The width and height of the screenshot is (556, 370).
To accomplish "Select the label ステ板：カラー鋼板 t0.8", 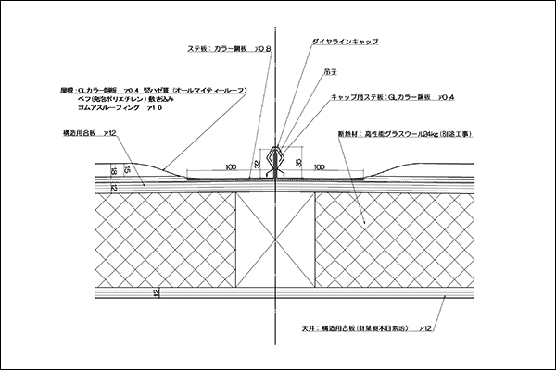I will point(229,49).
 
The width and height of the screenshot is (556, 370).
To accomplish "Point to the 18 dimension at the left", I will point(113,171).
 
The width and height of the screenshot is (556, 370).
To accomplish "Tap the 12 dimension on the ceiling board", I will point(157,293).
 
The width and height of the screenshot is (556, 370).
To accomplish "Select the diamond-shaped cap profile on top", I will point(277,158).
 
